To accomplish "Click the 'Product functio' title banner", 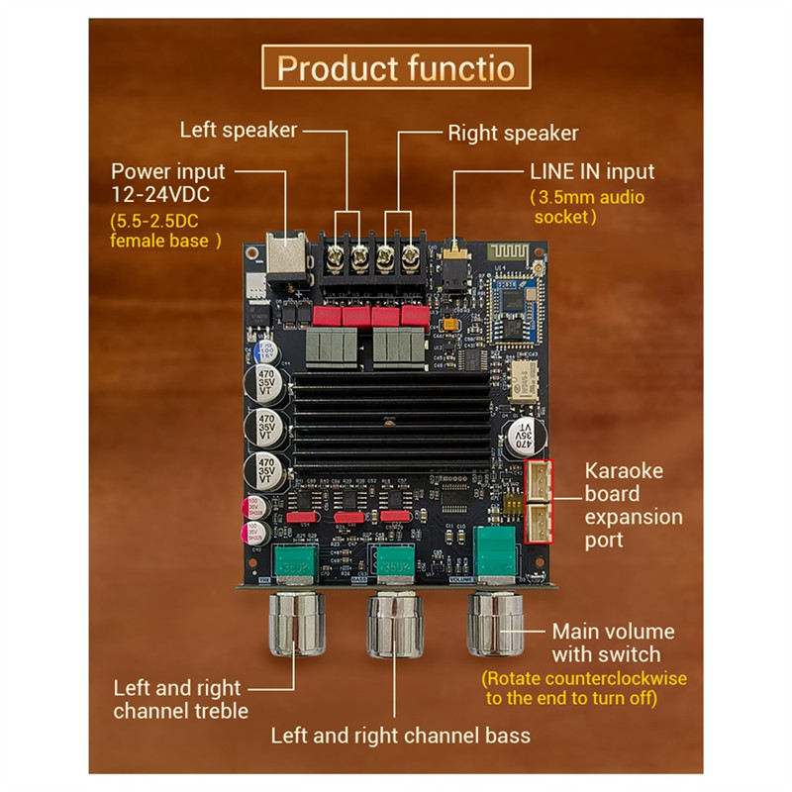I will coord(396,68).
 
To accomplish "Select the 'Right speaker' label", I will coord(513,133).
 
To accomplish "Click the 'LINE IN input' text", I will coord(592,171).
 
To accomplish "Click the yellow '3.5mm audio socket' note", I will coord(587,207).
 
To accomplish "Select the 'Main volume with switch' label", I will coord(613,643).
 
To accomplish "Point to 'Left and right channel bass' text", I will coord(401,735).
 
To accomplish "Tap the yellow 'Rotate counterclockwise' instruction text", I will coord(584,689).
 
